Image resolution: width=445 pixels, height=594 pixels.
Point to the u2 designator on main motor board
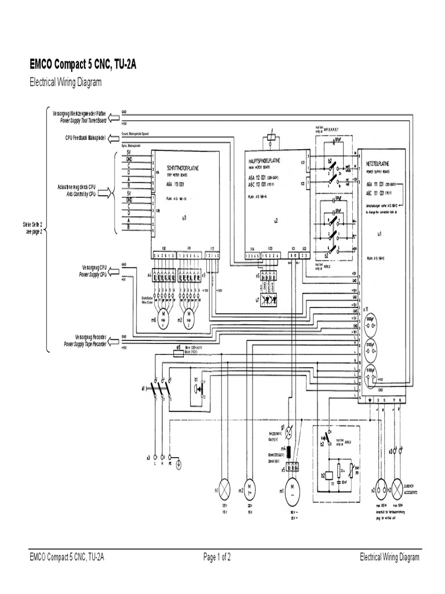(x=276, y=220)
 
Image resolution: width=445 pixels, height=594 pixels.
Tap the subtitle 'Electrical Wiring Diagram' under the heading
(x=65, y=82)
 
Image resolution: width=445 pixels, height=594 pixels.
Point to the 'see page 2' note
(x=33, y=230)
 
